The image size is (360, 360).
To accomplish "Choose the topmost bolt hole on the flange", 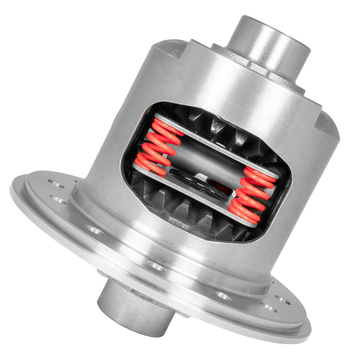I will coord(56,184).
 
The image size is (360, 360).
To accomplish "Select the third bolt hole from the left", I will coord(95,230).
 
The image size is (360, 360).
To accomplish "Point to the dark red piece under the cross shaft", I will coord(216,185).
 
